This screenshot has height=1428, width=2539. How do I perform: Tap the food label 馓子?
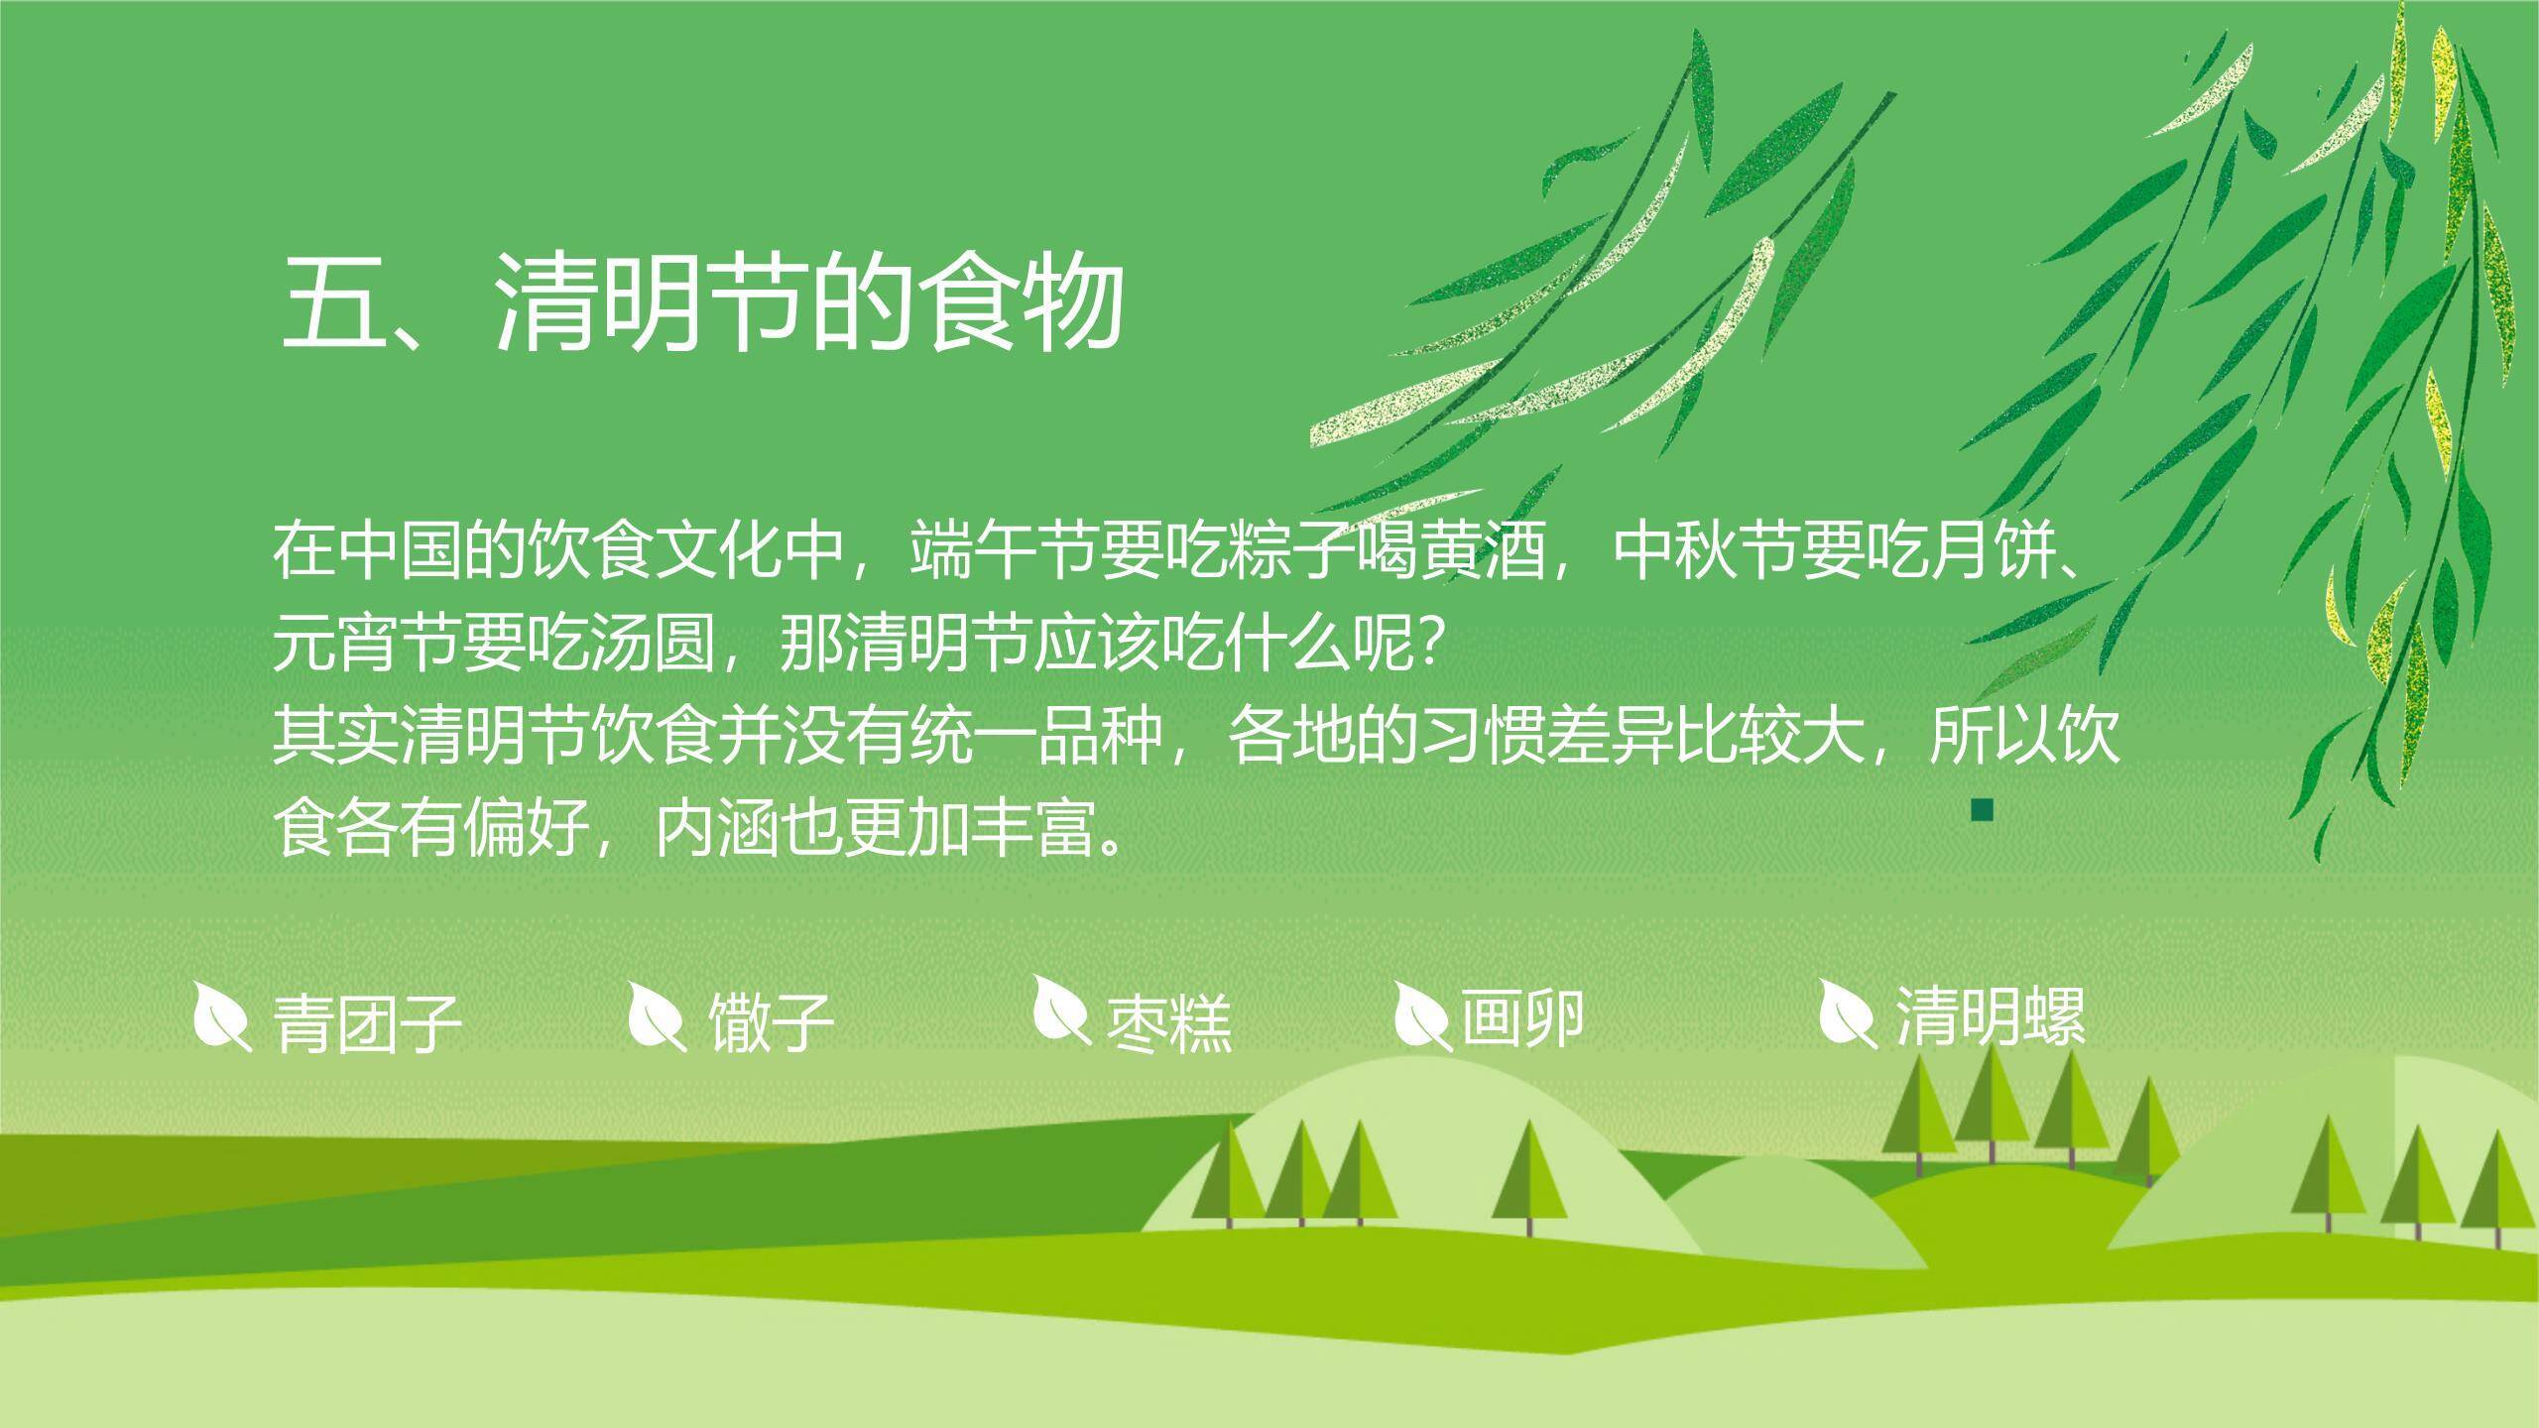pos(770,1021)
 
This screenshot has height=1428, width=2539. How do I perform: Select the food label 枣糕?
pos(1168,1021)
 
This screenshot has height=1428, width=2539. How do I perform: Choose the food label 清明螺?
pos(1991,1015)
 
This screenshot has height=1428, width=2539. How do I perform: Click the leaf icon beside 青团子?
pos(220,1015)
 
